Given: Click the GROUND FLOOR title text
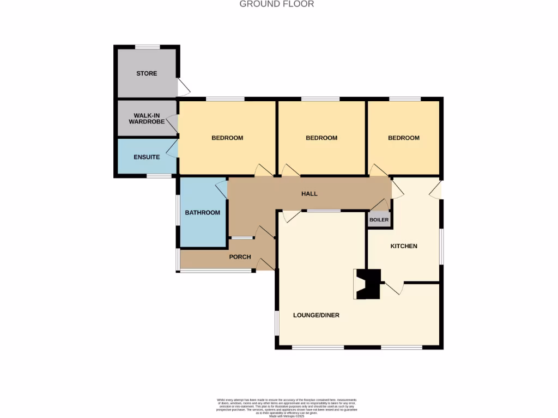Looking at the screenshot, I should (277, 4).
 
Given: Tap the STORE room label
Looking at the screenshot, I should (147, 73).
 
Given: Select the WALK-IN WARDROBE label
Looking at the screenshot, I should (147, 118).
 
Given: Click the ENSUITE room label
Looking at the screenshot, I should (147, 157).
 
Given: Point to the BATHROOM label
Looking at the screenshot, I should (203, 212).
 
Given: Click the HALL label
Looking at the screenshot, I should (310, 194).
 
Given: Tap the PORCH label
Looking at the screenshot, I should (239, 257).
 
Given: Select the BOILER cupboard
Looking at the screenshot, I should (379, 220).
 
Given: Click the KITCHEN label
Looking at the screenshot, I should (404, 246).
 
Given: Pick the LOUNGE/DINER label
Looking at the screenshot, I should (316, 315).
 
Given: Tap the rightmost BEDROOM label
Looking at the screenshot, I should (404, 138).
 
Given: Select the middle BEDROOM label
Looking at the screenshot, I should (322, 138).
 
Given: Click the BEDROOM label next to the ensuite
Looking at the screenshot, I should (227, 138).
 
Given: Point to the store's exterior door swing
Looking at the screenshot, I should (184, 87).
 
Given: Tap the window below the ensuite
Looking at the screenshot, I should (159, 176).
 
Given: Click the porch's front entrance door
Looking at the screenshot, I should (265, 265).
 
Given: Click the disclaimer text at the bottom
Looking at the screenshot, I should (278, 406).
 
